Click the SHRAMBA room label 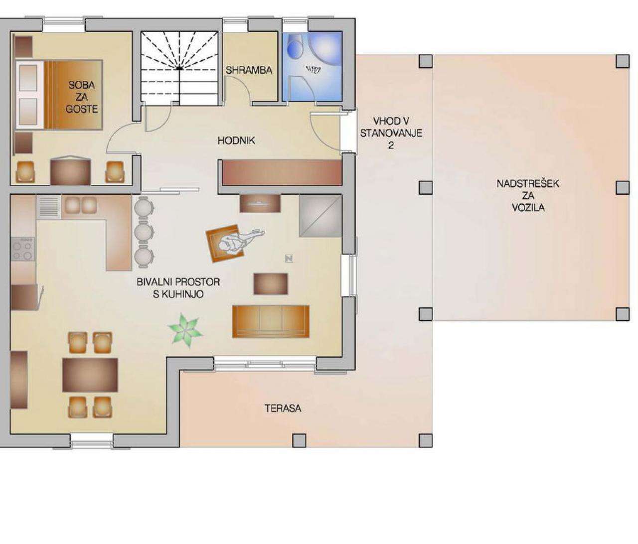(x=249, y=70)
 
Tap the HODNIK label (x=236, y=140)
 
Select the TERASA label (x=283, y=408)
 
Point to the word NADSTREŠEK (x=527, y=184)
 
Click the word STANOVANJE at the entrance (x=391, y=133)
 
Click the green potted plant (x=185, y=330)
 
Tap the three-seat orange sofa (x=271, y=321)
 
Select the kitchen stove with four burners (x=23, y=249)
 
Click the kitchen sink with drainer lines (x=49, y=207)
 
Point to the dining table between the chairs (x=90, y=375)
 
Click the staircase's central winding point (x=179, y=69)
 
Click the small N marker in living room (x=289, y=259)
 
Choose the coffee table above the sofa (x=271, y=284)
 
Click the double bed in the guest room (x=59, y=95)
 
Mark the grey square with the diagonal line (x=320, y=216)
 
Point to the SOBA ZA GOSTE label (x=81, y=97)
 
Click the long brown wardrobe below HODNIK (x=282, y=173)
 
